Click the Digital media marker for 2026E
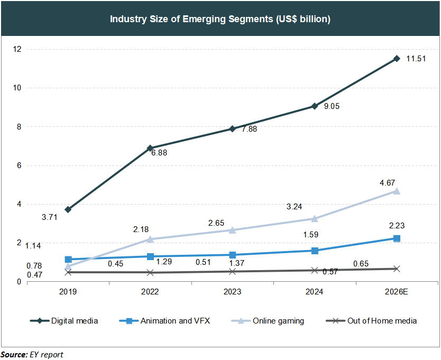[x=397, y=58]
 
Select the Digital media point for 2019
[x=68, y=209]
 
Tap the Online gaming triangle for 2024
[x=315, y=218]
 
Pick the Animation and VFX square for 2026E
[x=397, y=238]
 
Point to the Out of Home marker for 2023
[x=233, y=271]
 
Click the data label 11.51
[x=416, y=59]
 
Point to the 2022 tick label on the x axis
[x=150, y=292]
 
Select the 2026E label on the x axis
[x=397, y=292]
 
